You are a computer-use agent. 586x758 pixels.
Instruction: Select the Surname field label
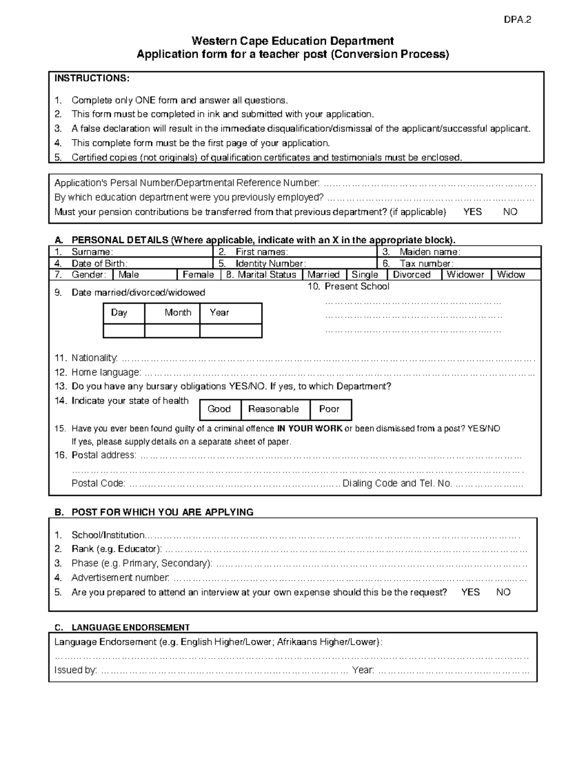point(92,252)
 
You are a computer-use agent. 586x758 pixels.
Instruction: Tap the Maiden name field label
point(429,252)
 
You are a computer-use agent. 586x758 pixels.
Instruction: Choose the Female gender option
point(198,275)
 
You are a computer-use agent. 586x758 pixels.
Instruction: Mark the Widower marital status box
point(465,275)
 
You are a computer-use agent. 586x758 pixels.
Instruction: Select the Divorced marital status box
point(412,275)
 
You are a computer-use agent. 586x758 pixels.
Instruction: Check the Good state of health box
point(219,409)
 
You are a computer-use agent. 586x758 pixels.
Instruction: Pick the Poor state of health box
point(330,409)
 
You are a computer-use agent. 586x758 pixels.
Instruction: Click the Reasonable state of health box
point(273,409)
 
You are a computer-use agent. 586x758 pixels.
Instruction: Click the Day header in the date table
point(119,313)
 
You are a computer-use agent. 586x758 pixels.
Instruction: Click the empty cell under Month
point(172,331)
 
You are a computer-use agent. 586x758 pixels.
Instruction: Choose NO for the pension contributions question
point(510,212)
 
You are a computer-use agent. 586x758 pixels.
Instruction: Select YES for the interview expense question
point(470,592)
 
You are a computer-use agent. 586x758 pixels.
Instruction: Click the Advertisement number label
point(120,578)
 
